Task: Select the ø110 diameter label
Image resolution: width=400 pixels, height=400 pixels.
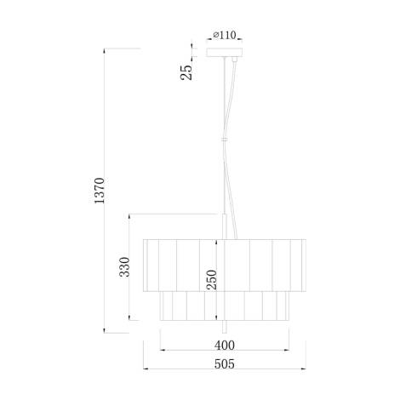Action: coord(224,36)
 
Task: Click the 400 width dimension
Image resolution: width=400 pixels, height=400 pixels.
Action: coord(224,345)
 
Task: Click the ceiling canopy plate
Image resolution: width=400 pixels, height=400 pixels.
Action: coord(225,54)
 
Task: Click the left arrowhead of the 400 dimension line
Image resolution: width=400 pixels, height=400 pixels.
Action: coord(162,350)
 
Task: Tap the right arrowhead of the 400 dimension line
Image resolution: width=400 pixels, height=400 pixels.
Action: coord(289,350)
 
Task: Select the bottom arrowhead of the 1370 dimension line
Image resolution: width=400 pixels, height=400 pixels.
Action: coord(106,329)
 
